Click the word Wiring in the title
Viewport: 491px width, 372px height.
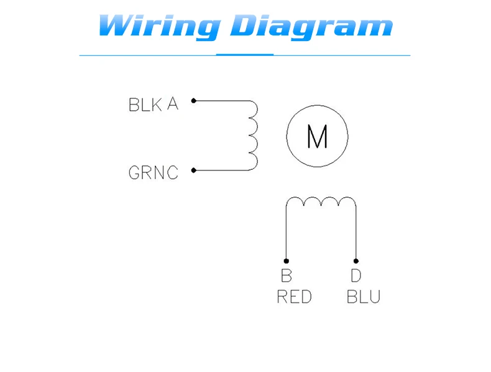tap(160, 27)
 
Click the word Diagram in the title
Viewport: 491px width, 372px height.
tap(311, 27)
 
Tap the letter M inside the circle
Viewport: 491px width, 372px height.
tap(317, 136)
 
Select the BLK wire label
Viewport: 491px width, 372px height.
tap(145, 105)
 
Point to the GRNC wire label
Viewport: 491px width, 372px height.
tap(154, 173)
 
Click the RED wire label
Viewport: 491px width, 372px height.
tap(295, 297)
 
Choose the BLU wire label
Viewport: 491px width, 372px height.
tap(364, 297)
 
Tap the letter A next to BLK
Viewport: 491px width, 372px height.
tap(173, 104)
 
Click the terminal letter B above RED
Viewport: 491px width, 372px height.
tap(287, 276)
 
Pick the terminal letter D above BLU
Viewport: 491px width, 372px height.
tap(356, 276)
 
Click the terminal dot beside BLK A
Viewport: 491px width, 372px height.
tap(194, 101)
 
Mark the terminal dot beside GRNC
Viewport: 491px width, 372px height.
tap(194, 170)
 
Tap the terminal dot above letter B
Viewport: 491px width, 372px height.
tap(286, 261)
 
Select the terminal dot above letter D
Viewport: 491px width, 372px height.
tap(356, 261)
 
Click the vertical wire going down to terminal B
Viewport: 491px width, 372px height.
tap(286, 233)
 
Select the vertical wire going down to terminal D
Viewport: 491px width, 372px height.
tap(356, 233)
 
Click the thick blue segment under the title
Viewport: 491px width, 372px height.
tap(245, 55)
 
